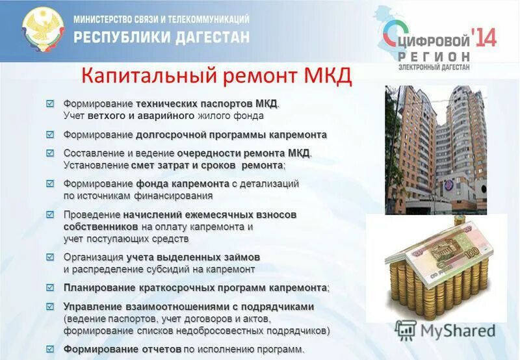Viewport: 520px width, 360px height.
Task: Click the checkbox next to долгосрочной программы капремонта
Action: coord(50,135)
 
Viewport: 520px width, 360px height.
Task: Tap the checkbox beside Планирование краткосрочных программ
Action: coord(50,287)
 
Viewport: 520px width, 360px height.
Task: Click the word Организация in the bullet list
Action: coord(93,257)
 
